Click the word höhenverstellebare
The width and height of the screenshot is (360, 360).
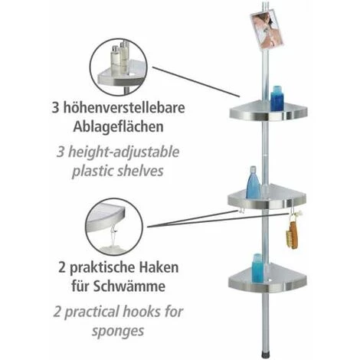(124, 108)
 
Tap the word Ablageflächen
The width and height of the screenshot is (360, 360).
(118, 126)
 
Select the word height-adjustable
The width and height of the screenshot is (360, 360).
(123, 152)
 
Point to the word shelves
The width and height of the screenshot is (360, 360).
(140, 171)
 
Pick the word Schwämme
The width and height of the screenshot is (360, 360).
(129, 286)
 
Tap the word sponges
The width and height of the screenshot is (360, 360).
(118, 332)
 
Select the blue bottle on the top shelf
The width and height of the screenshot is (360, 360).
(277, 99)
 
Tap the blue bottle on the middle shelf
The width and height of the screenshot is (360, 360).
(253, 182)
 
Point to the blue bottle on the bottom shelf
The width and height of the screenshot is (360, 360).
(257, 268)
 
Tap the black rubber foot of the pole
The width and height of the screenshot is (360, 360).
(266, 354)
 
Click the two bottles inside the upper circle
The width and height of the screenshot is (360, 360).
(119, 60)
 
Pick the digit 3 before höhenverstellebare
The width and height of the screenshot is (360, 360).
(55, 108)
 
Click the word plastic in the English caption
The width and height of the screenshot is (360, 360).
(93, 171)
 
